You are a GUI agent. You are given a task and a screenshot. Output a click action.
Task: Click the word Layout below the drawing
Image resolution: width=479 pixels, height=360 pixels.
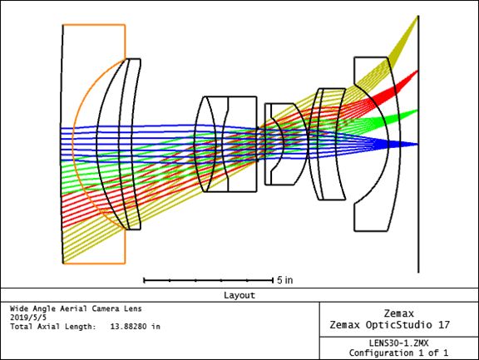point(239,295)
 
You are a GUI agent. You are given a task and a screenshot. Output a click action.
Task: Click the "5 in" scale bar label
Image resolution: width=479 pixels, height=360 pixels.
point(285,280)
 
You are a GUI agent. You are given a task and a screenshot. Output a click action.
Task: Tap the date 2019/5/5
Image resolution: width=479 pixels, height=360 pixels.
point(28,318)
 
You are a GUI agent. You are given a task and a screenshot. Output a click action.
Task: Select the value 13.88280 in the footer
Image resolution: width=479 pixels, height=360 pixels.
point(129,327)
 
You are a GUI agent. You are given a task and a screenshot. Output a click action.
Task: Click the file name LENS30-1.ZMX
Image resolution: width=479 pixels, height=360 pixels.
point(398,343)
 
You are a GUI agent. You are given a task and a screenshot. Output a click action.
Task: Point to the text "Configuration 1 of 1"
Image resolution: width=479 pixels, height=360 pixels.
point(398,353)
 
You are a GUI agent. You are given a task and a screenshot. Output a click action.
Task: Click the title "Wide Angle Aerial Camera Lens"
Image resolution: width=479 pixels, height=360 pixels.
point(76,308)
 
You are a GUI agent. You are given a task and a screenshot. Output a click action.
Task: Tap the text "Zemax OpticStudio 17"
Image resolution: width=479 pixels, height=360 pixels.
point(389,325)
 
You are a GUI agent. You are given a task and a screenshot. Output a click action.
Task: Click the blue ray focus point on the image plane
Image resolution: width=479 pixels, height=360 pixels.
point(417,145)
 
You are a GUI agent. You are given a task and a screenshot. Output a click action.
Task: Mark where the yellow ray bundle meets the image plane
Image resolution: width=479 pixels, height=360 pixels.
point(418,17)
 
